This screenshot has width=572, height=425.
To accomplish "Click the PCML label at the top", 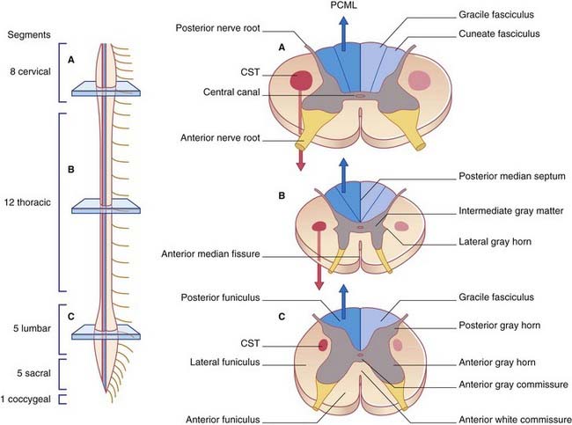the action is tap(343, 5).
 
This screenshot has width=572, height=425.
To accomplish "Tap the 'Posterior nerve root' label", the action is tap(217, 28).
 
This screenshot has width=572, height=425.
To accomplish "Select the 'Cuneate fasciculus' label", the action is tap(499, 33).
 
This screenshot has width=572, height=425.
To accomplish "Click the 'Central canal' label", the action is tap(231, 92).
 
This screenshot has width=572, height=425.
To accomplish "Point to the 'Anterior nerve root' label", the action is tap(220, 138).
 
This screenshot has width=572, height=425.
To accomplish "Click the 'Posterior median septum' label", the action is tap(512, 176).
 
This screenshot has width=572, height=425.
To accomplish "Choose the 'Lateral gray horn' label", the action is tap(495, 241).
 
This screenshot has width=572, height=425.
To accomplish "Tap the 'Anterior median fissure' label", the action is tap(210, 254).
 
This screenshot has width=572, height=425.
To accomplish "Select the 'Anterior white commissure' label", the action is tap(515, 420).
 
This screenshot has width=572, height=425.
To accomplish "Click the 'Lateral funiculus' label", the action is tap(224, 363).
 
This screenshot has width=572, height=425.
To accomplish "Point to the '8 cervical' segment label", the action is tap(30, 71).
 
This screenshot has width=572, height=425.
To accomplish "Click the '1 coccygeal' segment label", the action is tap(26, 399).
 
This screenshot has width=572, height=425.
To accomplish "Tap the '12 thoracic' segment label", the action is tap(27, 202).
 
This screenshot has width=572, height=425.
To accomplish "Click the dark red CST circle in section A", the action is tap(301, 80).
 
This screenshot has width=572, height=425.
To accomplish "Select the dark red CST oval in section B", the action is tap(319, 226).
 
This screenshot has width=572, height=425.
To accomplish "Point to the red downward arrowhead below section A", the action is tap(301, 165).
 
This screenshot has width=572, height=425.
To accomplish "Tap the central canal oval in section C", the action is tap(361, 355).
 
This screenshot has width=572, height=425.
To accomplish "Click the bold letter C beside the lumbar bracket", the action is tap(71, 317).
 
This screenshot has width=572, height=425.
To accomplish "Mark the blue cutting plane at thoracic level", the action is tap(106, 206).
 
